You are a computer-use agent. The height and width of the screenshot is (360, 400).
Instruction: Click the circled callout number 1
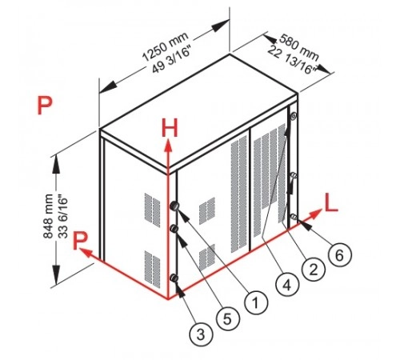256,302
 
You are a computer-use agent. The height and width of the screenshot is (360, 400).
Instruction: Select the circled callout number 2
314,270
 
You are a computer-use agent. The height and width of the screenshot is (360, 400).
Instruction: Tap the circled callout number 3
201,334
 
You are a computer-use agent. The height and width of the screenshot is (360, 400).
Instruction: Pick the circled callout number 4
287,285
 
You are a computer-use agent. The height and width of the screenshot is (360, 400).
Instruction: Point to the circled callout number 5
228,319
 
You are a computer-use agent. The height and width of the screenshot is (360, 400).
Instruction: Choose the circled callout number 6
340,255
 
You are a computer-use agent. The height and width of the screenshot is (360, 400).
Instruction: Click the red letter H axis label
170,128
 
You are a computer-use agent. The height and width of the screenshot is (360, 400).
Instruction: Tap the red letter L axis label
331,203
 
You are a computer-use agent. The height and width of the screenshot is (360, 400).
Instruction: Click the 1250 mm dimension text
165,46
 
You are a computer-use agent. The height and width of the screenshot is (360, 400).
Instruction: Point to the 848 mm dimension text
48,216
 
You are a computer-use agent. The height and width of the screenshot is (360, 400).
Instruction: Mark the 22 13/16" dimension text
291,60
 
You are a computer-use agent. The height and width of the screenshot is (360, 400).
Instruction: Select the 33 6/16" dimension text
63,218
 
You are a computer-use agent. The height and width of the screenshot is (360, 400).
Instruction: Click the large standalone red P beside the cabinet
45,105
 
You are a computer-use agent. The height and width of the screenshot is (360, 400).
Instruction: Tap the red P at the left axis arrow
80,241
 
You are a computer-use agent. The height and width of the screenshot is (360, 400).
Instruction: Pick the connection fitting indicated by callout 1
174,206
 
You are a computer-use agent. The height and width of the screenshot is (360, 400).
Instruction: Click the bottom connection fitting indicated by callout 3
174,278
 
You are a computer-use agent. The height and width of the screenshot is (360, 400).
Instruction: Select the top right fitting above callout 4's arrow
293,116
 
